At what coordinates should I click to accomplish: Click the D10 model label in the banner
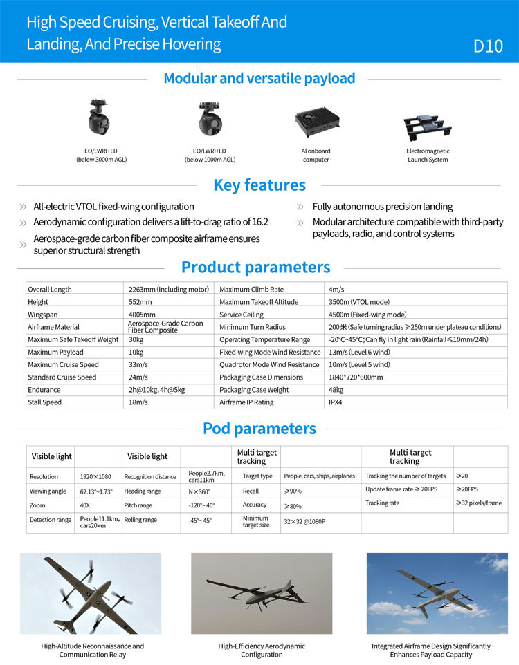pyautogui.click(x=487, y=46)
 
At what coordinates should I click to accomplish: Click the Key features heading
pyautogui.click(x=259, y=185)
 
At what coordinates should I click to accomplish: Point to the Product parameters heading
pyautogui.click(x=255, y=267)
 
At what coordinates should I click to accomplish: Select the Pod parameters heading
pyautogui.click(x=259, y=429)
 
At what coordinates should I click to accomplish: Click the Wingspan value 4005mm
pyautogui.click(x=142, y=315)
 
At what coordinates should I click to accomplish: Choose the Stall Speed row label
pyautogui.click(x=44, y=402)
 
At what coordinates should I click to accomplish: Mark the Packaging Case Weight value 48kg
pyautogui.click(x=336, y=390)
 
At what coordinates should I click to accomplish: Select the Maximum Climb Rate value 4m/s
pyautogui.click(x=336, y=290)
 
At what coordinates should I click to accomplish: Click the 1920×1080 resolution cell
pyautogui.click(x=95, y=476)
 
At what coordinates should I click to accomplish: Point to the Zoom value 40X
pyautogui.click(x=85, y=505)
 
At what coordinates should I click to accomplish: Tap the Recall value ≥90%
pyautogui.click(x=293, y=491)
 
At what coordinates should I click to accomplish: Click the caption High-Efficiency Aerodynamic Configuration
pyautogui.click(x=262, y=650)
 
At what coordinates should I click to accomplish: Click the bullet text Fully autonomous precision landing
pyautogui.click(x=382, y=207)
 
